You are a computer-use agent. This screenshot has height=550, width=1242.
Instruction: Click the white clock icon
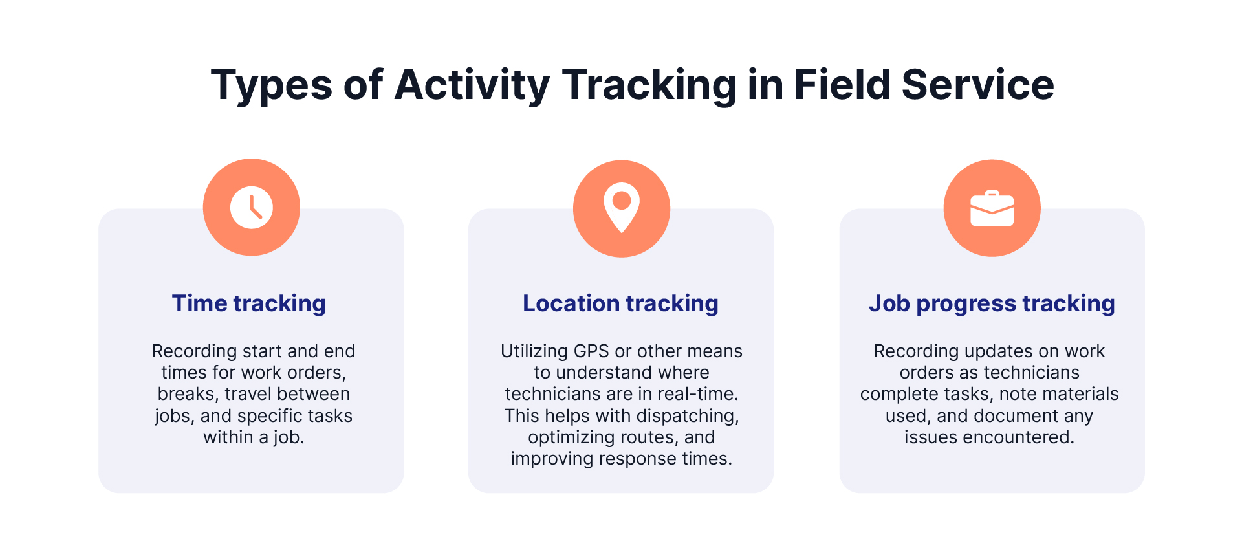pyautogui.click(x=252, y=208)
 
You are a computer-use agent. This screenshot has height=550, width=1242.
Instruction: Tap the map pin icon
pyautogui.click(x=622, y=208)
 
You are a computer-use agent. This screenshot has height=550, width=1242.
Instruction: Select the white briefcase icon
pyautogui.click(x=992, y=208)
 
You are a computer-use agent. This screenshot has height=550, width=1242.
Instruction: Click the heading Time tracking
pyautogui.click(x=249, y=303)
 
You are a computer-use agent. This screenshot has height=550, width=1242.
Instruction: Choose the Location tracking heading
pyautogui.click(x=620, y=303)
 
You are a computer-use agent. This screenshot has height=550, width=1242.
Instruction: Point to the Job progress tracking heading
pyautogui.click(x=992, y=303)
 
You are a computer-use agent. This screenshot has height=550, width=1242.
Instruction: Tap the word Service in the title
pyautogui.click(x=978, y=85)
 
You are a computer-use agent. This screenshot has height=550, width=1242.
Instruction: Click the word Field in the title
pyautogui.click(x=842, y=84)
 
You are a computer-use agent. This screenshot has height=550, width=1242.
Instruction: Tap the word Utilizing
pyautogui.click(x=534, y=351)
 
